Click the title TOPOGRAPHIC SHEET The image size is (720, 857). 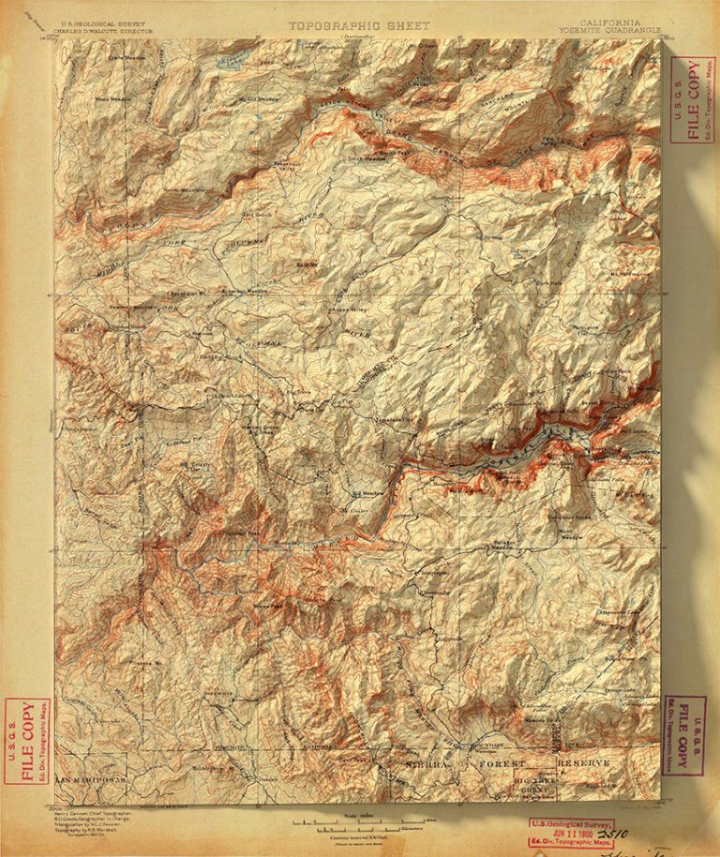coord(359,26)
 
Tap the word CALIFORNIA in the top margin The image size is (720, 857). coord(610,21)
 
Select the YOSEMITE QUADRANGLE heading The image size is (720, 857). coord(610,28)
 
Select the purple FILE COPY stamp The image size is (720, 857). coord(685,735)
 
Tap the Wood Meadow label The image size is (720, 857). coord(112,98)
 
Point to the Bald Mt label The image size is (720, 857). coord(307,266)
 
